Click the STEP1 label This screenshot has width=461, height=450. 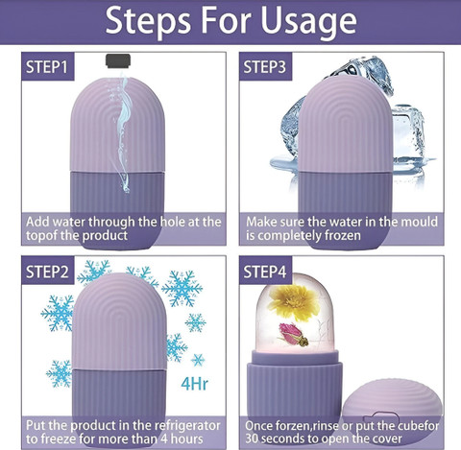coord(47,67)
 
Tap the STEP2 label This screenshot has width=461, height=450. coord(47,272)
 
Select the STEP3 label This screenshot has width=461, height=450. coord(265,67)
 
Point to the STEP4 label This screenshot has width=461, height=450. coord(265,272)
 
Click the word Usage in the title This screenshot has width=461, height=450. coord(308,21)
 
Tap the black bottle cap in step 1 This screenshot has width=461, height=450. coord(118,60)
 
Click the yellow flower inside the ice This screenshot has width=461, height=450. coord(294,302)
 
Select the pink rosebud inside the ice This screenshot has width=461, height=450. coord(293,335)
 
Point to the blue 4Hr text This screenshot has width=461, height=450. coord(194,384)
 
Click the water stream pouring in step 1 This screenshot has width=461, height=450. coord(123,131)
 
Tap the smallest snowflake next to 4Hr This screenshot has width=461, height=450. coord(198,360)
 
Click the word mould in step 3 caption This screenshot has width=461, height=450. coord(420,222)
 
